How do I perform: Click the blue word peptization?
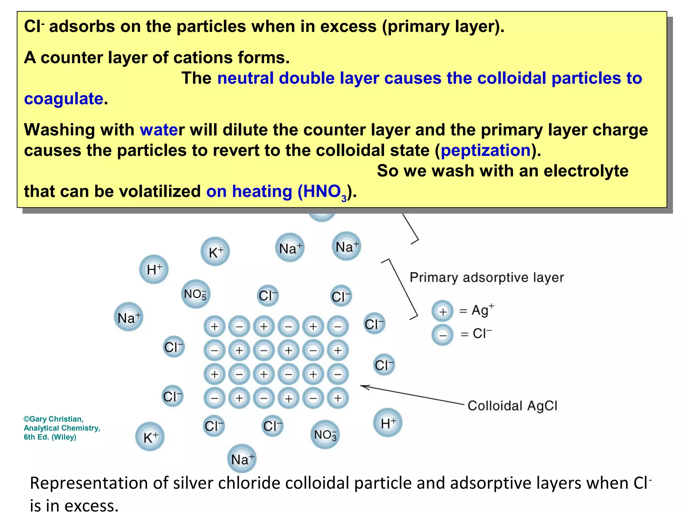coord(486,151)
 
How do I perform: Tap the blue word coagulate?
coord(63,99)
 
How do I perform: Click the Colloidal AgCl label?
coord(512,406)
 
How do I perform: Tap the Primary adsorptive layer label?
coord(487,278)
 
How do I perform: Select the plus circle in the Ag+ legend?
coord(442,311)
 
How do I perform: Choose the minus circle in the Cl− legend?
coord(442,334)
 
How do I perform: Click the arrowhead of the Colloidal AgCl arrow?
coord(363,387)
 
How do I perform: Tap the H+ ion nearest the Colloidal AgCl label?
coord(387,423)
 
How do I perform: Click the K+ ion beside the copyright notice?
coord(150,437)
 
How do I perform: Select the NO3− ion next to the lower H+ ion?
coord(325,434)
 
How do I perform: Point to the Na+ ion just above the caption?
coord(242,459)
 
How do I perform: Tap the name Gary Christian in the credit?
coord(56,419)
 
